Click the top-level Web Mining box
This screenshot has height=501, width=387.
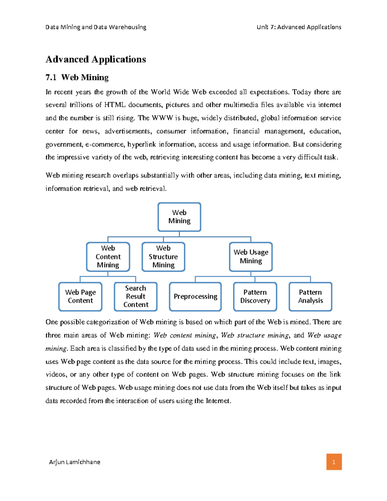point(179,217)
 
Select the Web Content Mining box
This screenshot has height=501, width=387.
point(108,257)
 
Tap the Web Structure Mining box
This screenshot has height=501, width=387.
point(163,257)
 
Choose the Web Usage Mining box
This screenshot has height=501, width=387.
point(251,257)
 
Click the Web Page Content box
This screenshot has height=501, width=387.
point(80,296)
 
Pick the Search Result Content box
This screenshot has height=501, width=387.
point(135,296)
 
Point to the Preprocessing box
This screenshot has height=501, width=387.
point(195,296)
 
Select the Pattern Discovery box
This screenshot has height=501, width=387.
point(255,296)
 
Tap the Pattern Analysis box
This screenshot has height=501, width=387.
point(310,296)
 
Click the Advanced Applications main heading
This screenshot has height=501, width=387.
point(96,59)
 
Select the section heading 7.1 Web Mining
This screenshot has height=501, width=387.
point(77,77)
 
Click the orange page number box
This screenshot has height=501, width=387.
point(334,462)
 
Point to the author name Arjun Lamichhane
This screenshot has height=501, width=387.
point(74,462)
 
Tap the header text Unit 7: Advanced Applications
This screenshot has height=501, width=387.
point(299,27)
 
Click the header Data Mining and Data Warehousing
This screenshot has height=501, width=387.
point(96,27)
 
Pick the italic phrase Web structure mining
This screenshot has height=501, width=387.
point(255,336)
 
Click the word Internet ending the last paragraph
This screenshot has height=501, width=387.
point(218,401)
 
